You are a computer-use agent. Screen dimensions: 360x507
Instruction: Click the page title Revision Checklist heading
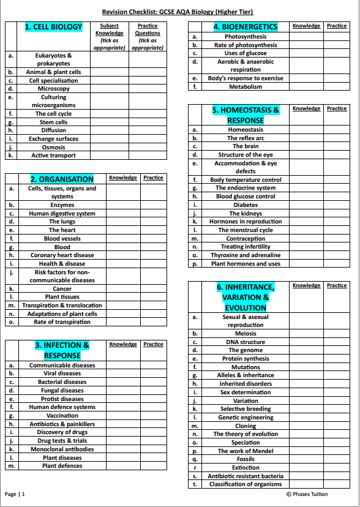(x=178, y=12)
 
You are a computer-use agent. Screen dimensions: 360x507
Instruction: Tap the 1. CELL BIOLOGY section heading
(x=53, y=27)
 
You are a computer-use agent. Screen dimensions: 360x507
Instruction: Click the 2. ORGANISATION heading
(x=62, y=179)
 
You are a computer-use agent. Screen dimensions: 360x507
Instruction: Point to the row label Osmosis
(x=53, y=147)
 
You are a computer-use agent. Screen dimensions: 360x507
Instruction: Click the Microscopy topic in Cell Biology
(x=53, y=89)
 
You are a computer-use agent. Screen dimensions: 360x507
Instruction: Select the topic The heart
(x=62, y=230)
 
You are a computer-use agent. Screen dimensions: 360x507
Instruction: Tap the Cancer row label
(x=62, y=288)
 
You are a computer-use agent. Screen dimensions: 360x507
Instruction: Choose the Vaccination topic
(x=62, y=416)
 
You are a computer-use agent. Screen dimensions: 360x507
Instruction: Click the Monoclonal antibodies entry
(x=62, y=449)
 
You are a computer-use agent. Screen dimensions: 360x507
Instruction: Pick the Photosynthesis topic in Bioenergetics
(x=246, y=37)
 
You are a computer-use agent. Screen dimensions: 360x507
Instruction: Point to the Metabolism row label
(x=246, y=87)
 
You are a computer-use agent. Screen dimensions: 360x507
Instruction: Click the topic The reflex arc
(x=246, y=138)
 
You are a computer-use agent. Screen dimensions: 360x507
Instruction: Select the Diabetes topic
(x=246, y=205)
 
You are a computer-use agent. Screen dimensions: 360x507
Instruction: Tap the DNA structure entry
(x=246, y=342)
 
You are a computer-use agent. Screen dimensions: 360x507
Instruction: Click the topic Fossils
(x=246, y=459)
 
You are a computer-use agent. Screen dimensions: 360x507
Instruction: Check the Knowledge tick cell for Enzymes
(x=123, y=205)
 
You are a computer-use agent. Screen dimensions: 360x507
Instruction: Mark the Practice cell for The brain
(x=336, y=146)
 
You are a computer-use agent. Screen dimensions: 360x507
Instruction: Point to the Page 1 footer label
(x=15, y=494)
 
